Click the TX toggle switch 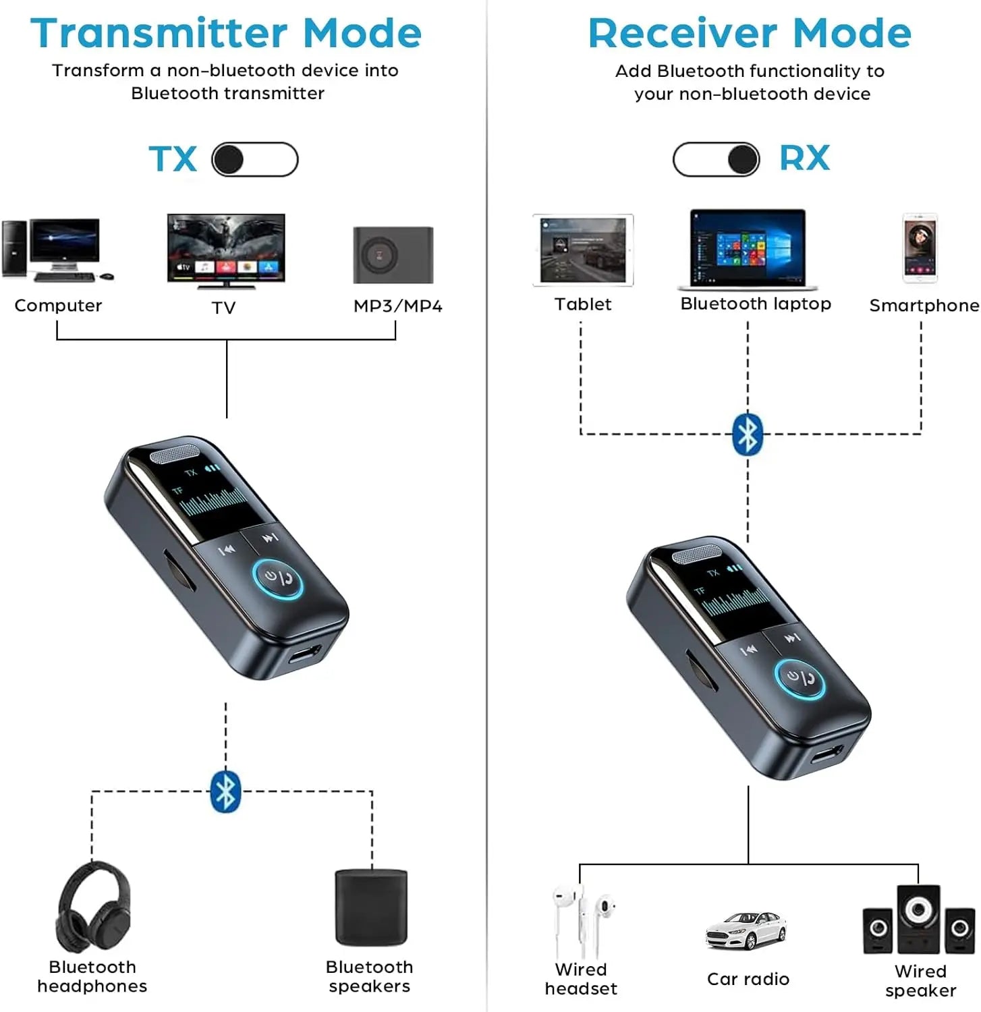[255, 160]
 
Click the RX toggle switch [716, 160]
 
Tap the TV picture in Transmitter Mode [226, 250]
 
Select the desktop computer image [57, 250]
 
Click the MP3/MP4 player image [393, 255]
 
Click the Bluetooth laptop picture [748, 249]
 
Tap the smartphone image [920, 248]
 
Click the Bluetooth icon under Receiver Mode [748, 434]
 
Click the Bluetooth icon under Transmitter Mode [225, 791]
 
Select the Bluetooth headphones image [93, 908]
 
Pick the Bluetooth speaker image [371, 907]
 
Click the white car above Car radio [746, 930]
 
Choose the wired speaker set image [918, 920]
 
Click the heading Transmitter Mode [226, 33]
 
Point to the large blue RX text [804, 159]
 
